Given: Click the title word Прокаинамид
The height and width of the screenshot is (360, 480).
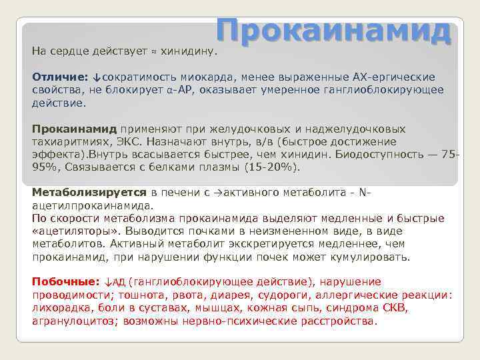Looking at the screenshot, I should click(x=334, y=31).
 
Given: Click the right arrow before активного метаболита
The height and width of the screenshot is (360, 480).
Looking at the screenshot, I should click(x=217, y=193).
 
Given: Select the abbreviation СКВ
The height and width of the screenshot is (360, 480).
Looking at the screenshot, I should click(x=395, y=307).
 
